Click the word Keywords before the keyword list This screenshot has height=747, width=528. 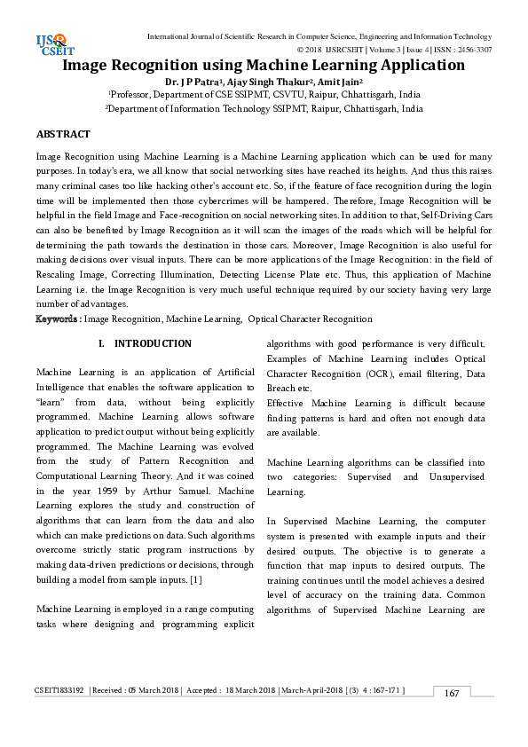pos(59,318)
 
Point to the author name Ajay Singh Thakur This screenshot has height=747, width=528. pos(269,81)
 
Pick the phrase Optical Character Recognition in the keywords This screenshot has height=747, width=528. pos(310,318)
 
